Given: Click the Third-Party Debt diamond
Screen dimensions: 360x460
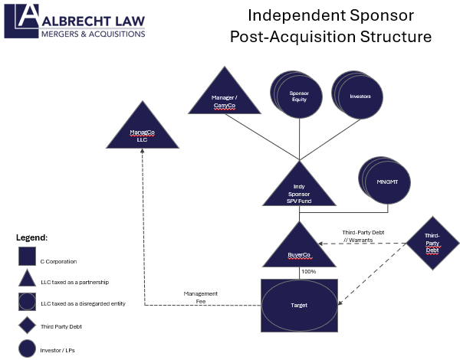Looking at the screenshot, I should [432, 244].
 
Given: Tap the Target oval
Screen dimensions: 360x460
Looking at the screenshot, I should [300, 305].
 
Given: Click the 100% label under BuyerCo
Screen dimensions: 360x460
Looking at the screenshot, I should [309, 271].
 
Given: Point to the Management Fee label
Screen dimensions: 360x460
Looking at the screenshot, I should [201, 297].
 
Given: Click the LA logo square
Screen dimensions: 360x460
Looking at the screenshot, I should [21, 21].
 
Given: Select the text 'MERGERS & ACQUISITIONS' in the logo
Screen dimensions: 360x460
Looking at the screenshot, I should [93, 33].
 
